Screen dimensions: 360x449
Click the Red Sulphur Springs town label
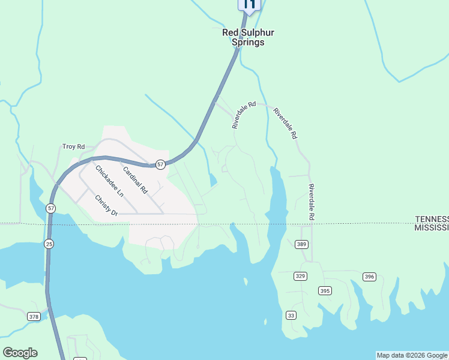(x=243, y=37)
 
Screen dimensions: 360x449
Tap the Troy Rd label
(x=74, y=146)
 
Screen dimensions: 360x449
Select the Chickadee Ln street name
(x=109, y=181)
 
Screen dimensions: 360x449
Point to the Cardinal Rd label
(x=135, y=179)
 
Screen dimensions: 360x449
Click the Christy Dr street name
(x=106, y=205)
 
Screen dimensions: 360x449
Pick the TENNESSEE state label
(x=432, y=219)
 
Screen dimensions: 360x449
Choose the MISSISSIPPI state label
(x=432, y=228)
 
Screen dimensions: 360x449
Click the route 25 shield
(x=49, y=244)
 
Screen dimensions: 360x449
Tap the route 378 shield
(x=34, y=316)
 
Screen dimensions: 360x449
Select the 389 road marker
(x=301, y=244)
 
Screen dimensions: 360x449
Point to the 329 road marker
(x=301, y=276)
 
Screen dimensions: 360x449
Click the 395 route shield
(x=325, y=291)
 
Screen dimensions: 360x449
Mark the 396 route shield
(x=369, y=277)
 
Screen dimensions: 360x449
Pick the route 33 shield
(x=291, y=316)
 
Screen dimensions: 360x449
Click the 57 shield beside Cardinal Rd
(x=160, y=164)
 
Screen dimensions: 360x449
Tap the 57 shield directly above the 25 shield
(x=51, y=208)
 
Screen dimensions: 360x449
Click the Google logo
(x=20, y=353)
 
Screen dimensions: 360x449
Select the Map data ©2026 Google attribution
(x=412, y=355)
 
